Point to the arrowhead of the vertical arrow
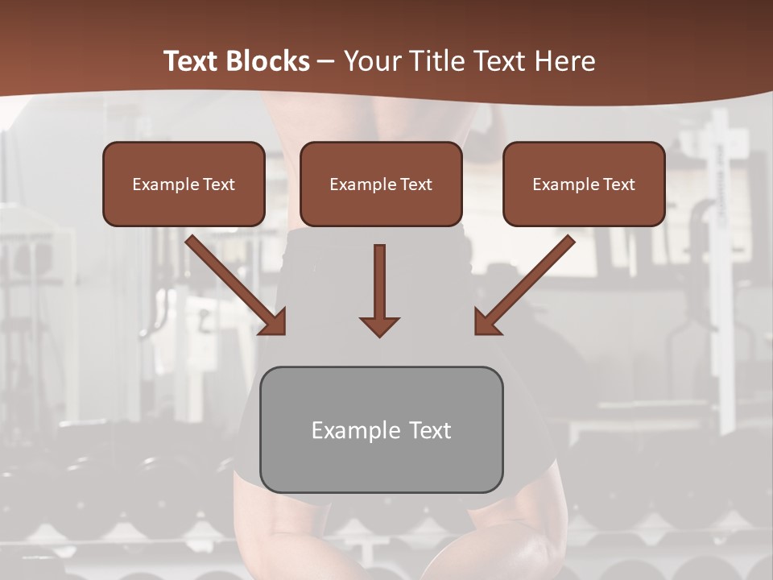[x=379, y=325]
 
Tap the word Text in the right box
[x=619, y=184]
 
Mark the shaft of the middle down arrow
[x=379, y=278]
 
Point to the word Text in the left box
[x=219, y=184]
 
